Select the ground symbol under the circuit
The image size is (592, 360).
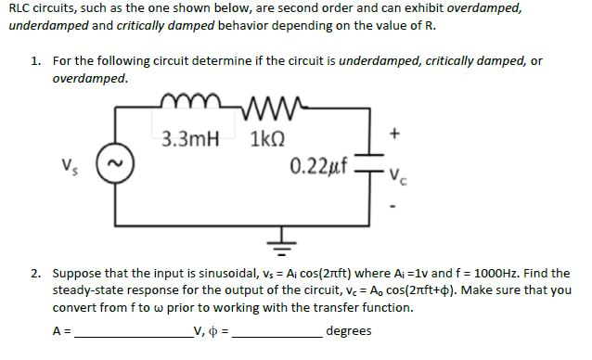pos(284,243)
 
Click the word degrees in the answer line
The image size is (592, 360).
pos(349,331)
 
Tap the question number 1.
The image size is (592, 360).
pos(34,60)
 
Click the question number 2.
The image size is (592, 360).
pos(34,274)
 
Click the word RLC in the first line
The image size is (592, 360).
pos(20,7)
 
